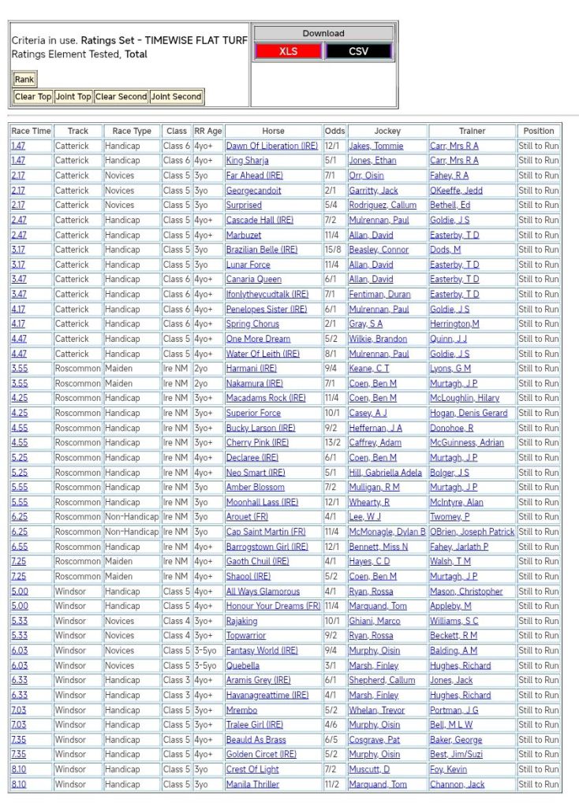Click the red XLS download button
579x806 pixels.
(x=288, y=51)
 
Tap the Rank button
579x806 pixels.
(x=24, y=80)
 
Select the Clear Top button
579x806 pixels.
(x=33, y=97)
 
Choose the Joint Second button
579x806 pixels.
(x=176, y=97)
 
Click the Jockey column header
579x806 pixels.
(x=387, y=131)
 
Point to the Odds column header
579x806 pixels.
(x=334, y=131)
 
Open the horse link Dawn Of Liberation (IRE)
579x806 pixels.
(x=271, y=146)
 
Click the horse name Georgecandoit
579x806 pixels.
(x=253, y=191)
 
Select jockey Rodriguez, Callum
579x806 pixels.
(x=383, y=206)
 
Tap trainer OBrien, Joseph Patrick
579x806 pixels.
(x=472, y=532)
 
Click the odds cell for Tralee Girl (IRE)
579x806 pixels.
(x=334, y=725)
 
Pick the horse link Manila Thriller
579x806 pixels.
(x=252, y=785)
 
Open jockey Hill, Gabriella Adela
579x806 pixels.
(x=385, y=473)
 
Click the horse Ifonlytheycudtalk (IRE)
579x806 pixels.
(x=267, y=295)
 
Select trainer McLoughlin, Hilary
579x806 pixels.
(x=465, y=399)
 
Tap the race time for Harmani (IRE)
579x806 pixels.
(x=19, y=369)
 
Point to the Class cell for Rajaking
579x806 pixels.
(x=176, y=621)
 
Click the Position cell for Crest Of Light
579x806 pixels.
(x=538, y=770)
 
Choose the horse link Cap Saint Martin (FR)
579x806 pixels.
(x=265, y=532)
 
